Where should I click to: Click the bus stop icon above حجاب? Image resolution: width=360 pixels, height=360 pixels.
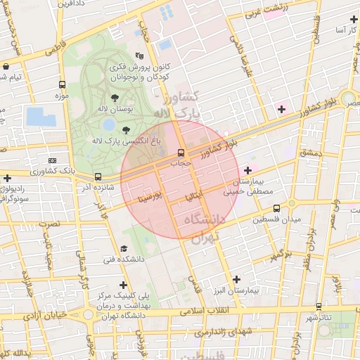(181, 153)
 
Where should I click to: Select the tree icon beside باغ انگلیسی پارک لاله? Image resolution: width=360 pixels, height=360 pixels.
(126, 130)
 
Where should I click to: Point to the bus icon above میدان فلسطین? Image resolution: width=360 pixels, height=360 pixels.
(277, 208)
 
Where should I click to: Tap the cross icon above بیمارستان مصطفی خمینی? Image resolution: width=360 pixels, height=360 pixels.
(247, 170)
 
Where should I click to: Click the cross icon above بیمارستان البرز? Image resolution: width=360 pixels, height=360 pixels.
(236, 279)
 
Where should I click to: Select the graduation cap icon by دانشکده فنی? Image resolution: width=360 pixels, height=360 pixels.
(124, 248)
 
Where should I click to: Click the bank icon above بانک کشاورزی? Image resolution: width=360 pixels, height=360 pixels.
(53, 160)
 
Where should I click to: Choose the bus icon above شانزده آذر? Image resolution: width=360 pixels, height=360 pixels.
(97, 176)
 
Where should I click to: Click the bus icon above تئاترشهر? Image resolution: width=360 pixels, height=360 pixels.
(320, 307)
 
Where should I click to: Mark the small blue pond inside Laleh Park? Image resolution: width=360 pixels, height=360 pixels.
(108, 124)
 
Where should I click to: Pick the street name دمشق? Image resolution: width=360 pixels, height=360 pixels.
(308, 153)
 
